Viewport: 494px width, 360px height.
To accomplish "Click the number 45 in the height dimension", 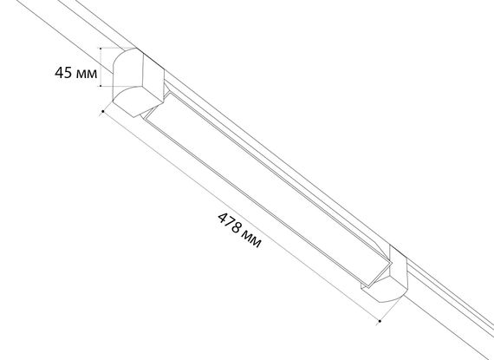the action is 63,73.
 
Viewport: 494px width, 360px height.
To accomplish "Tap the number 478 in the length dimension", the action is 230,224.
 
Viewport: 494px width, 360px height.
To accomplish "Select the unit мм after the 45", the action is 87,74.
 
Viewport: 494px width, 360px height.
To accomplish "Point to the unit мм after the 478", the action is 252,239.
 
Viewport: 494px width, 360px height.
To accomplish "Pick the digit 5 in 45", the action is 68,73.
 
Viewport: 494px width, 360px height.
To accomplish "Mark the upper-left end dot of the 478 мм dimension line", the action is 103,111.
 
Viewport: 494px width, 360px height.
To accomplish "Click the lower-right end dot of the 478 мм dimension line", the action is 380,321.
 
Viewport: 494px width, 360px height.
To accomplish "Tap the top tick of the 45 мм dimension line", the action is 101,49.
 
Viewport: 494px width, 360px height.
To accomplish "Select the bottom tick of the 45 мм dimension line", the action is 101,85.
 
